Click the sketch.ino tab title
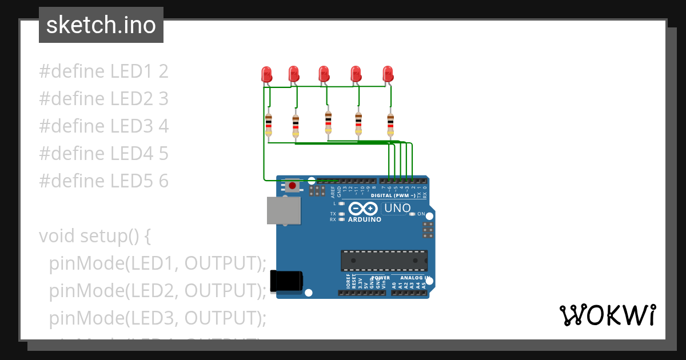101,25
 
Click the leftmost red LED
266,74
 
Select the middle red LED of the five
324,74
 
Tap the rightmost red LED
388,74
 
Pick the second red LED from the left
294,74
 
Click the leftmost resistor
269,125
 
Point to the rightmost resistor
390,124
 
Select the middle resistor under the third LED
328,123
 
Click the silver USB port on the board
284,210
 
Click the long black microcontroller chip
384,260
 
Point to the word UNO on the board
397,209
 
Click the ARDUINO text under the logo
364,219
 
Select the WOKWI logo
607,315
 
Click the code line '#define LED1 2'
103,71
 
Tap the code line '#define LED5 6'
103,181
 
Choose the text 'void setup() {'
94,235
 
